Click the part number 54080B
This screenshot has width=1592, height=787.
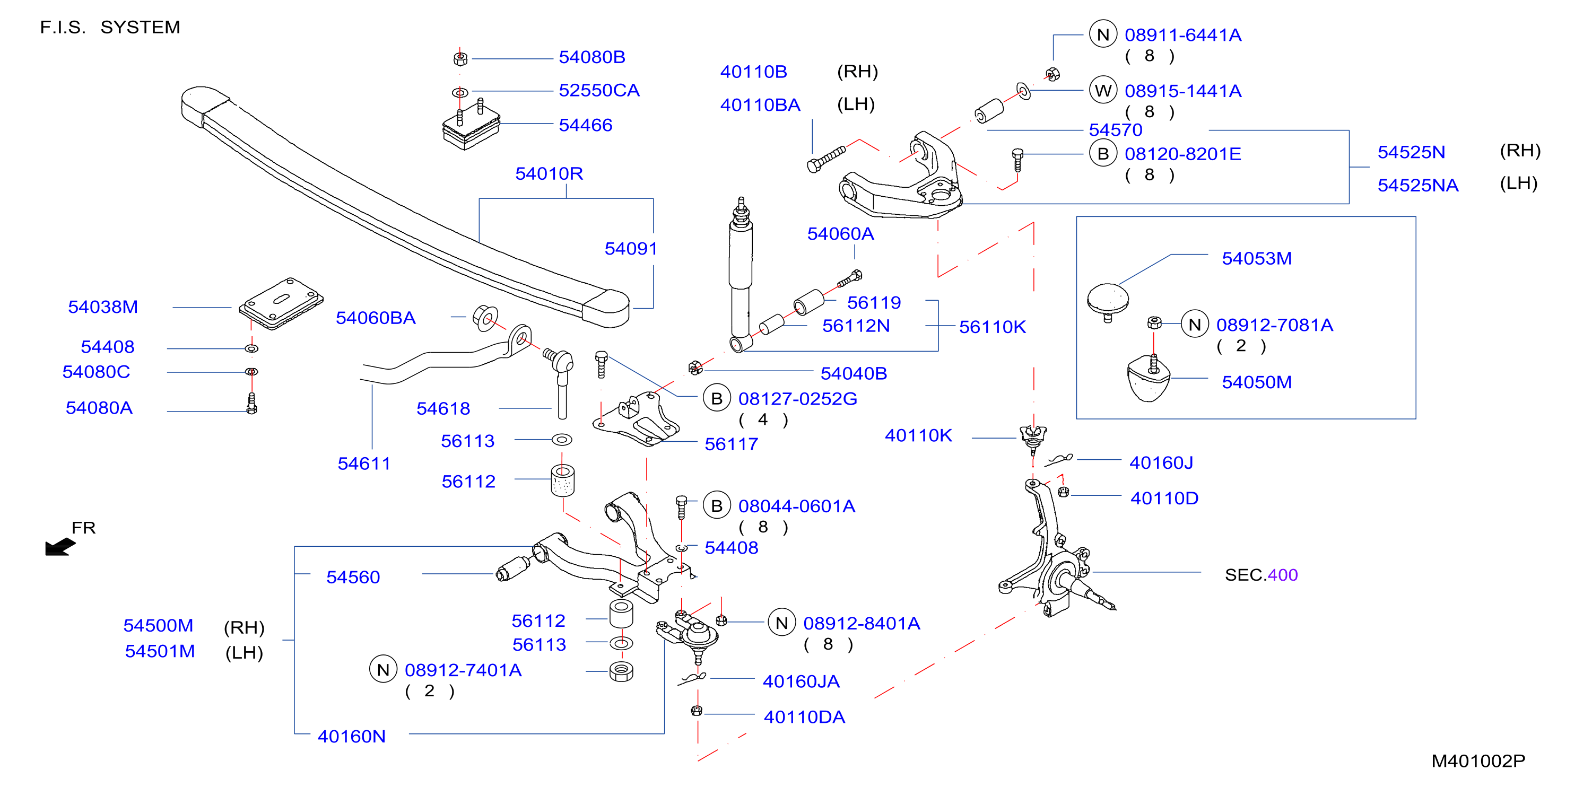pos(591,57)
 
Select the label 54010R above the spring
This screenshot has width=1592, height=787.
pos(549,173)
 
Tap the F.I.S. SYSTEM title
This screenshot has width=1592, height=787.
pos(110,27)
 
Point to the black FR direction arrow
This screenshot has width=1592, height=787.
pos(60,547)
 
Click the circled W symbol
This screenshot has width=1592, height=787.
pos(1103,91)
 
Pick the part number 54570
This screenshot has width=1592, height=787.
pos(1115,130)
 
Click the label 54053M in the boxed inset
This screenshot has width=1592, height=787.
pos(1256,258)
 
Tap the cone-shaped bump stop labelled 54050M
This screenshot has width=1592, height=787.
pos(1149,379)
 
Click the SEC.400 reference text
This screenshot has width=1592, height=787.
pos(1261,575)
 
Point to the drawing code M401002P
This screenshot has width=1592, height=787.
pos(1477,761)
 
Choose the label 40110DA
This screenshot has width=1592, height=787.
pos(804,717)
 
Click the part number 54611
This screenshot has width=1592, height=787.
pos(364,464)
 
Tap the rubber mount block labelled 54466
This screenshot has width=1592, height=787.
pos(471,127)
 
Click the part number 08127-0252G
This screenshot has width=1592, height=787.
pos(797,399)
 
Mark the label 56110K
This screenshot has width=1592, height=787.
pos(992,327)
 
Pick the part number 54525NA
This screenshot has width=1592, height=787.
pos(1417,185)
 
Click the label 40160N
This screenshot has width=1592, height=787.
pos(351,736)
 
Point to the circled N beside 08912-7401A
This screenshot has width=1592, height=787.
pos(383,670)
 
